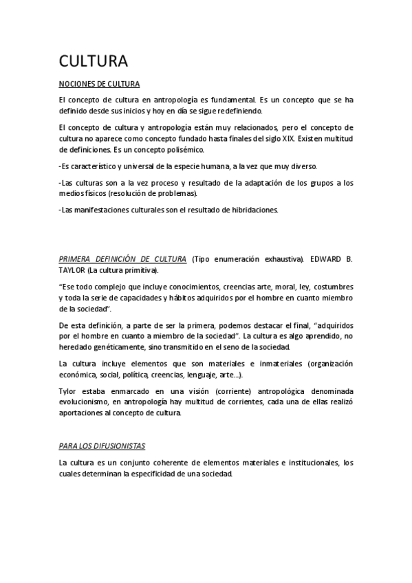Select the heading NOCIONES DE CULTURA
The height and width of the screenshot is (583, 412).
click(99, 85)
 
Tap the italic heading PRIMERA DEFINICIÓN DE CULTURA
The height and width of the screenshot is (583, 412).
click(122, 259)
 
